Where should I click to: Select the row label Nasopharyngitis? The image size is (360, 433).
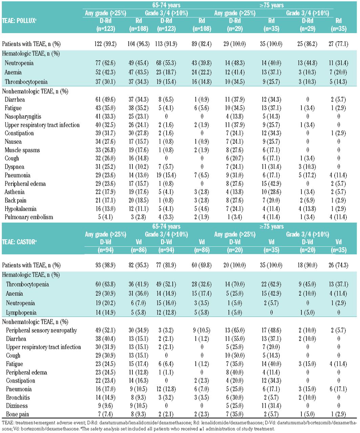coord(23,116)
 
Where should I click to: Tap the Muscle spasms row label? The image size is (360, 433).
coord(22,150)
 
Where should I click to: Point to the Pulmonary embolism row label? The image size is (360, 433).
coord(29,217)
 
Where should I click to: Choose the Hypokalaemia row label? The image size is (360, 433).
coord(21,209)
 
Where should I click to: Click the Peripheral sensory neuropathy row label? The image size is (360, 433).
coord(41,330)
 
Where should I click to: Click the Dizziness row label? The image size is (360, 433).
coord(17,406)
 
